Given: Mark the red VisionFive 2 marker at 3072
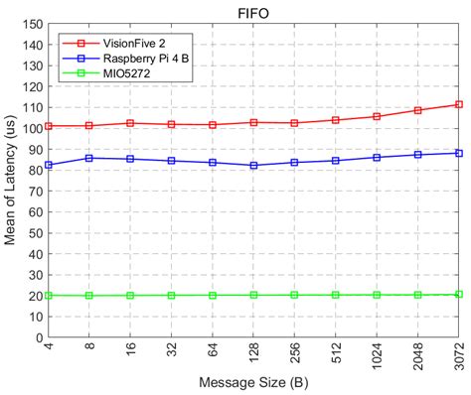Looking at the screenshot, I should click(458, 104).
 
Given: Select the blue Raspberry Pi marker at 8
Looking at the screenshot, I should click(89, 158).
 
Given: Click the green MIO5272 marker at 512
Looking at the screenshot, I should click(336, 295).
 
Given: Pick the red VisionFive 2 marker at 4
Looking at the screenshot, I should click(49, 126).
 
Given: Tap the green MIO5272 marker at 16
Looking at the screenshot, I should click(130, 295).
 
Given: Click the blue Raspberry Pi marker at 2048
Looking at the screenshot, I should click(417, 155).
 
